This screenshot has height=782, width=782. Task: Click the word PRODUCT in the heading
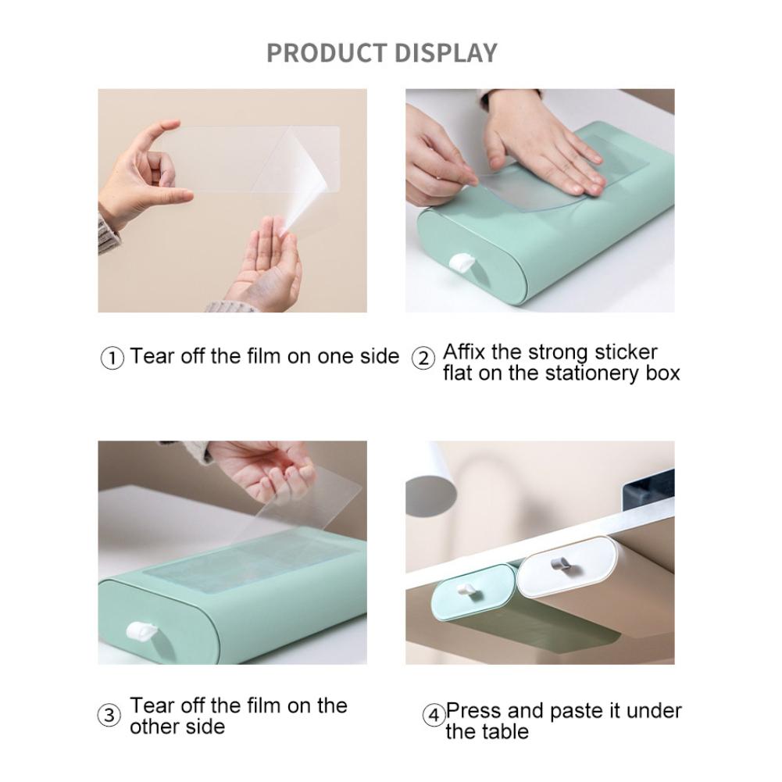(x=326, y=53)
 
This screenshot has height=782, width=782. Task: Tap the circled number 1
(x=112, y=359)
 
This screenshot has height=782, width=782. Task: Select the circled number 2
(x=423, y=359)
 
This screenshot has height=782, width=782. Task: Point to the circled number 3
(x=110, y=716)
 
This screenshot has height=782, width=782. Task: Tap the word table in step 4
(x=500, y=732)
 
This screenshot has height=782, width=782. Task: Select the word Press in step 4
(x=474, y=712)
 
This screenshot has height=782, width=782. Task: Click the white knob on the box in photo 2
(x=459, y=264)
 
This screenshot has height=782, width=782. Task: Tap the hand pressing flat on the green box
(x=547, y=145)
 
